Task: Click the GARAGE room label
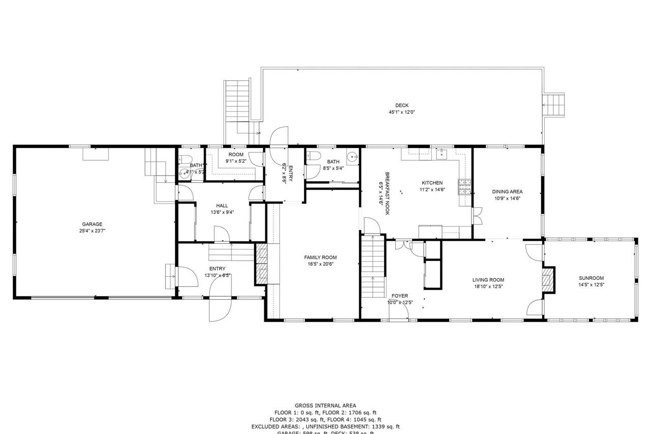[93, 224]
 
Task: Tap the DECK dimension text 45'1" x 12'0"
[402, 112]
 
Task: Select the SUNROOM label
[591, 278]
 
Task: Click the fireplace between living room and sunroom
[548, 280]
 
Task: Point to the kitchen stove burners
[464, 187]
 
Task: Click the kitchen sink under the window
[441, 154]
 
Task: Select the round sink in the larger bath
[351, 156]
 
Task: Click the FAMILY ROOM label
[320, 257]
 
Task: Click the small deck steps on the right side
[554, 105]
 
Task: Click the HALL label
[222, 206]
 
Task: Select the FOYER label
[399, 296]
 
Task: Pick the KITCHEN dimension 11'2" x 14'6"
[432, 189]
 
